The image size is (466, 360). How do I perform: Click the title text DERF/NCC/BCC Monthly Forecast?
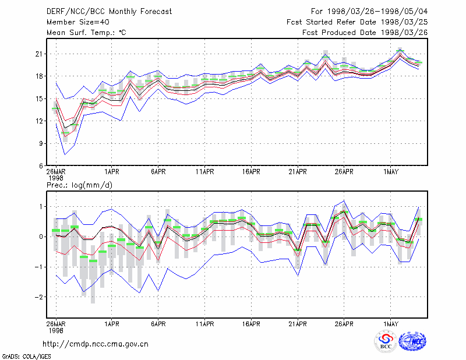point(109,12)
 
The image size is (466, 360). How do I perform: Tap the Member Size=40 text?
point(78,22)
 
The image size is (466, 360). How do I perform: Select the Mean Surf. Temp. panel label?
point(86,33)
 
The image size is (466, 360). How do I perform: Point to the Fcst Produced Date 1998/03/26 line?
point(365,33)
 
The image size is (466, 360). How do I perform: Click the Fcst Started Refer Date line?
point(357,22)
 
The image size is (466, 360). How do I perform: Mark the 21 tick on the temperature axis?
point(39,54)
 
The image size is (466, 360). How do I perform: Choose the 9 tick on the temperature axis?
point(41,143)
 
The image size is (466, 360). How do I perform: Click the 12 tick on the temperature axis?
point(39,121)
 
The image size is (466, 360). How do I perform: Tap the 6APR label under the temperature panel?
point(158,172)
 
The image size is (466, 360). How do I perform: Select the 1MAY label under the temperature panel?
point(390,172)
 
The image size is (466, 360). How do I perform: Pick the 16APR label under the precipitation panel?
point(251,324)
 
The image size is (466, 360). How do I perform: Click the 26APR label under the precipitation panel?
point(344,324)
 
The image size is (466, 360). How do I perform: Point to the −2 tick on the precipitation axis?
point(38,297)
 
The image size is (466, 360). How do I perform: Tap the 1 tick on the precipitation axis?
point(41,207)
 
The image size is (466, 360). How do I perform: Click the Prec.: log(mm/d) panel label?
point(79,185)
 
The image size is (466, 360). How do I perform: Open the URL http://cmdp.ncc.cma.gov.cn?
point(96,344)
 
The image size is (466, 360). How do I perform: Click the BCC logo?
point(386,341)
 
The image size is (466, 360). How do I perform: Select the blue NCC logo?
point(412,341)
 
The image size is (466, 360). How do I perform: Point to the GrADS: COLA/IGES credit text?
point(26,357)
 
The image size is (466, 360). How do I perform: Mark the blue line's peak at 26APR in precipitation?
point(344,200)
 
